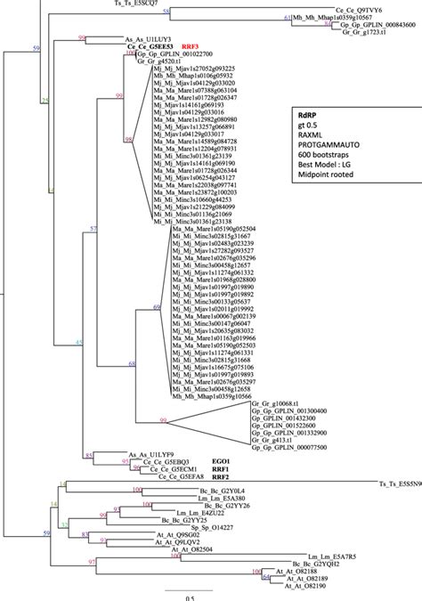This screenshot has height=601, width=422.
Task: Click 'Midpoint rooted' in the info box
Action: pos(330,188)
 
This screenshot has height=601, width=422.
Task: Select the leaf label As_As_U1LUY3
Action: pos(146,40)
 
